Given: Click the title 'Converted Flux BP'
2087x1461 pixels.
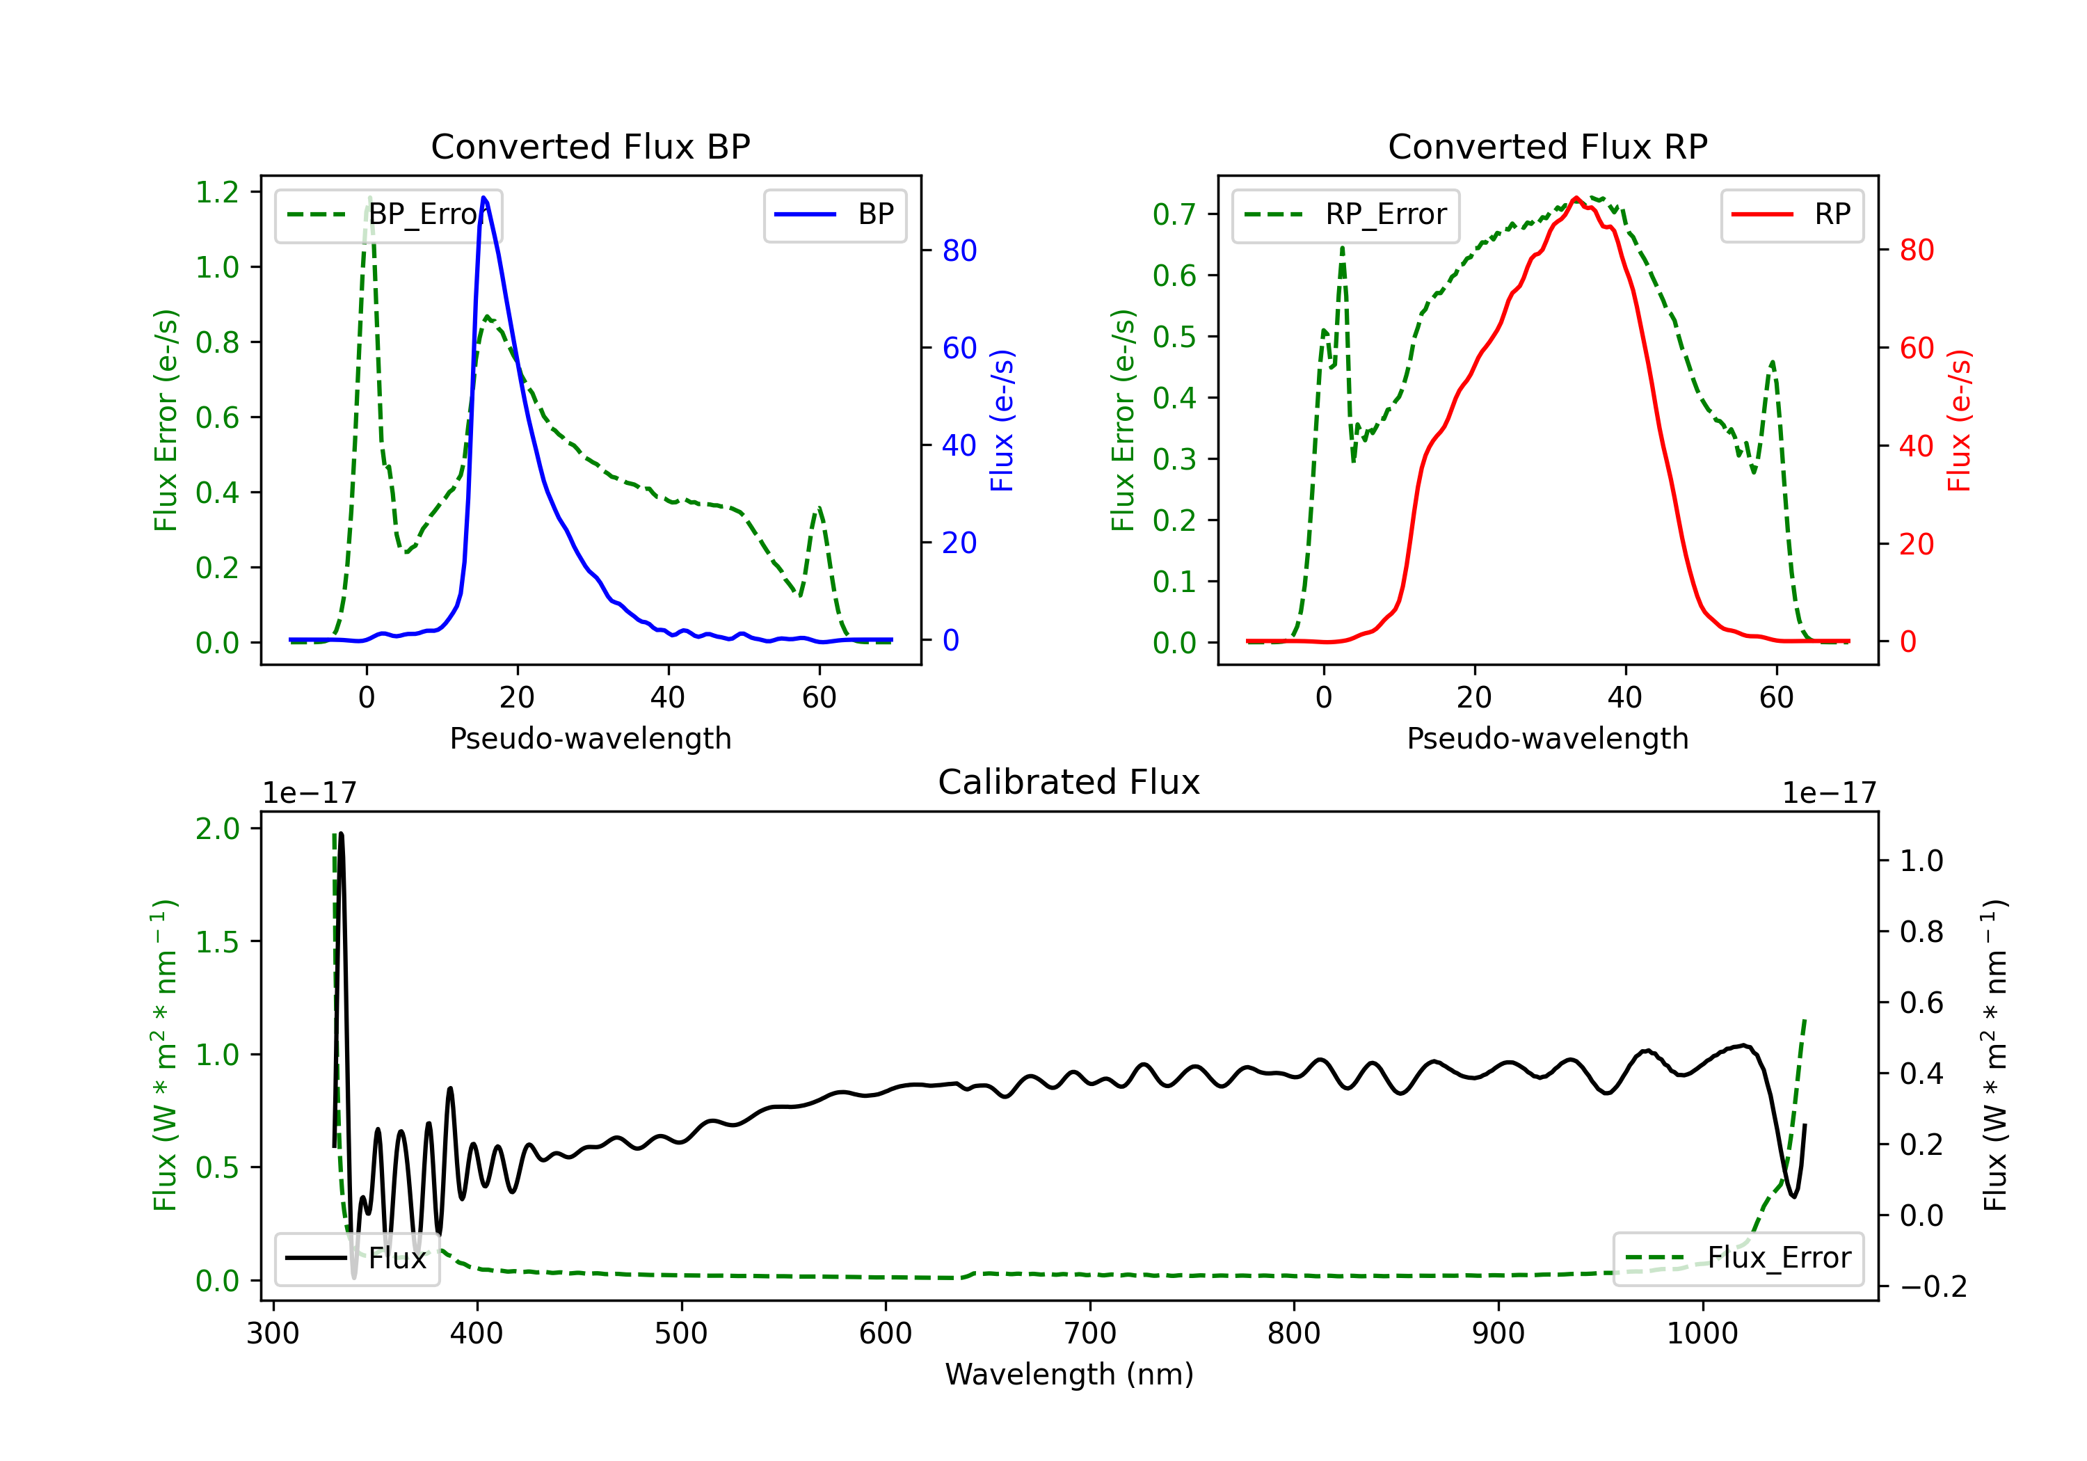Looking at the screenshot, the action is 590,146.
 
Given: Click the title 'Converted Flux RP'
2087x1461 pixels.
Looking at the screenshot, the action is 1547,146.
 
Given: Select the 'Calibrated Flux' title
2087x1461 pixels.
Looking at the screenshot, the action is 1069,782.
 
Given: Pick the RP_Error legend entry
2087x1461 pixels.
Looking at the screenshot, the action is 1345,214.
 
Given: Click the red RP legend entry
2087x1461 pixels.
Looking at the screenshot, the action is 1791,214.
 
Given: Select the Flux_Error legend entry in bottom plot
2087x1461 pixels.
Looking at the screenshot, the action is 1738,1259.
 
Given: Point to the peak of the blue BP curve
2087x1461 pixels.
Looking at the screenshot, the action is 483,198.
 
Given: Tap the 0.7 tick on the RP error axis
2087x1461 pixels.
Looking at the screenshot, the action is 1174,214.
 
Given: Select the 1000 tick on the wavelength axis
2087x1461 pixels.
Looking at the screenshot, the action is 1702,1334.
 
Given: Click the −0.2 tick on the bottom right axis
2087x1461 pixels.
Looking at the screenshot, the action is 1933,1286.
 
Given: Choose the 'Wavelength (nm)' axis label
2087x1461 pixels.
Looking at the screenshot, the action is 1069,1374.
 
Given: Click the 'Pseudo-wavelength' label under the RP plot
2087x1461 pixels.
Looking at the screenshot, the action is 1547,738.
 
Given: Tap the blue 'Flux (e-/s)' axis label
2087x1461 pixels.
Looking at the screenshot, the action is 1002,420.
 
